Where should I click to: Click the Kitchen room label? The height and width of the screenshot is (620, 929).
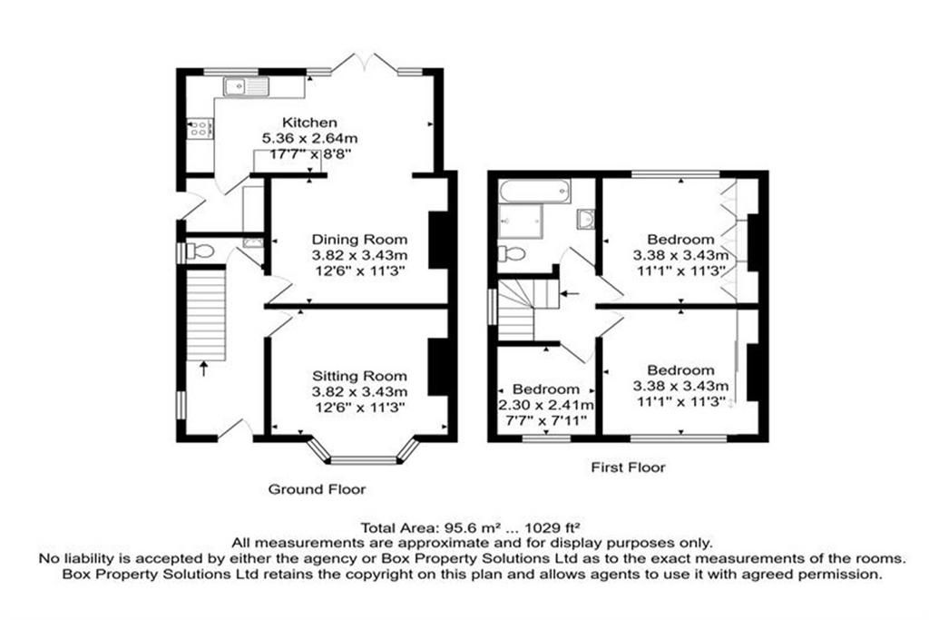click(309, 123)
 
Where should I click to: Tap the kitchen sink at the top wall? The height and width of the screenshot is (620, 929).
click(246, 86)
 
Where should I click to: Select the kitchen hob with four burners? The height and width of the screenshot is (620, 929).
click(200, 128)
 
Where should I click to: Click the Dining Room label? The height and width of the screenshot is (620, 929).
click(359, 240)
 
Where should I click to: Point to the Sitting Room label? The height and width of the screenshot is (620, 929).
click(359, 376)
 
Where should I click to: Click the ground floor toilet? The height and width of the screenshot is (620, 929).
click(200, 251)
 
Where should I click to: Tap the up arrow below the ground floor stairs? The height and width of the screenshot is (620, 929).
click(204, 369)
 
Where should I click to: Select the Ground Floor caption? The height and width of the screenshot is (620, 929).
click(317, 489)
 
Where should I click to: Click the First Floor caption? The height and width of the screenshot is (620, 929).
click(628, 467)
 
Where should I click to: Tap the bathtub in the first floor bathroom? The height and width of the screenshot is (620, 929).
click(535, 191)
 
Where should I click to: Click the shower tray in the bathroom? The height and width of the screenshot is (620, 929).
click(520, 221)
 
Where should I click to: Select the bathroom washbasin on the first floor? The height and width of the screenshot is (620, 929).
click(585, 218)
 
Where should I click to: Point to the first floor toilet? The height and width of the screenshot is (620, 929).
click(512, 253)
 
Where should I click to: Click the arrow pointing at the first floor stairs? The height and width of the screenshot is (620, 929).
click(571, 293)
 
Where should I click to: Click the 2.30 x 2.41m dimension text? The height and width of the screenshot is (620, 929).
click(545, 406)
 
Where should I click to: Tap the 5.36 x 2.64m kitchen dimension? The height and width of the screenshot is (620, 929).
click(310, 139)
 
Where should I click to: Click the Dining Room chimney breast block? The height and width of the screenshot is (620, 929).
click(437, 240)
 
